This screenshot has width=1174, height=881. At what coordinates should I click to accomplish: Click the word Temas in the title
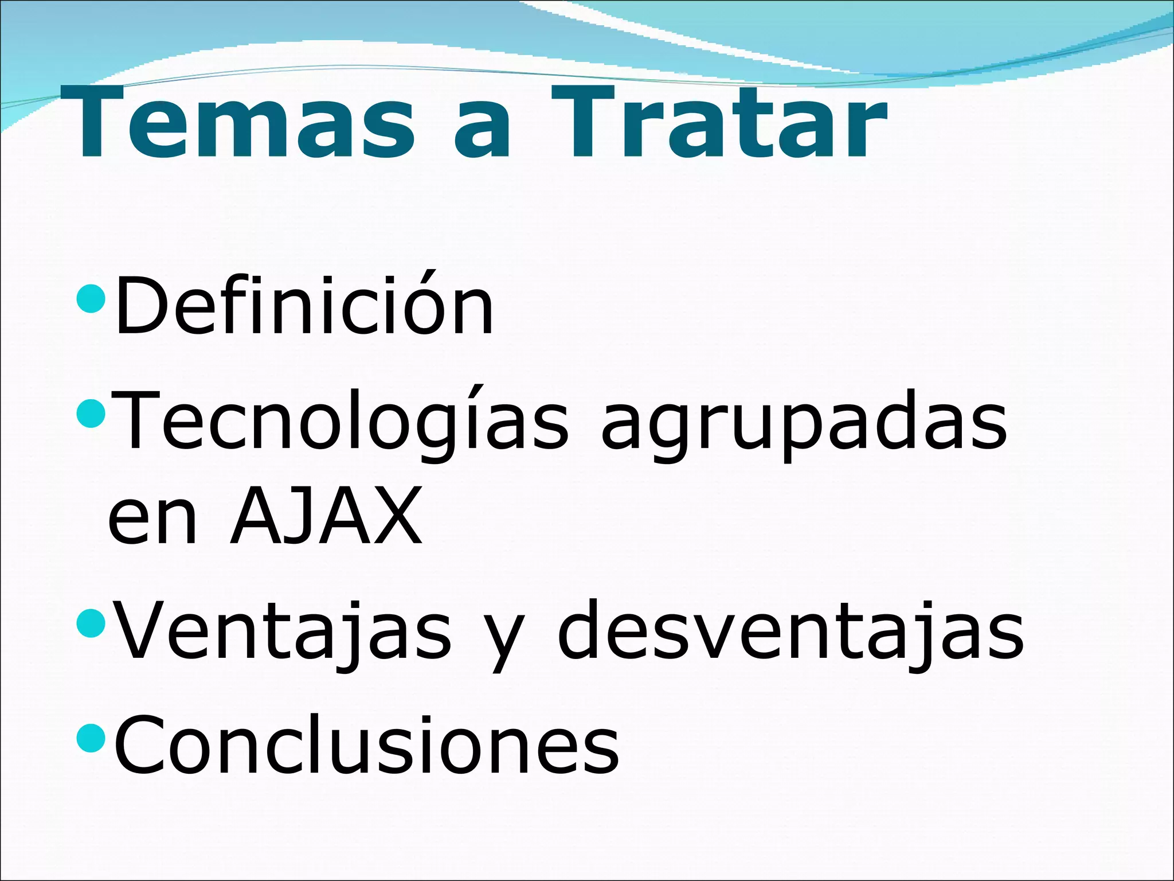244,123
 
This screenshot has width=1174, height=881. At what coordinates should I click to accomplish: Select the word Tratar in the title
719,123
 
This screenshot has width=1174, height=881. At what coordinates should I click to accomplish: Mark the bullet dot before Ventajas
91,624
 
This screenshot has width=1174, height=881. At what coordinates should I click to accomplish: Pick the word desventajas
791,631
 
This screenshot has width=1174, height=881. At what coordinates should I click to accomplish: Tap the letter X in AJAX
396,516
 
